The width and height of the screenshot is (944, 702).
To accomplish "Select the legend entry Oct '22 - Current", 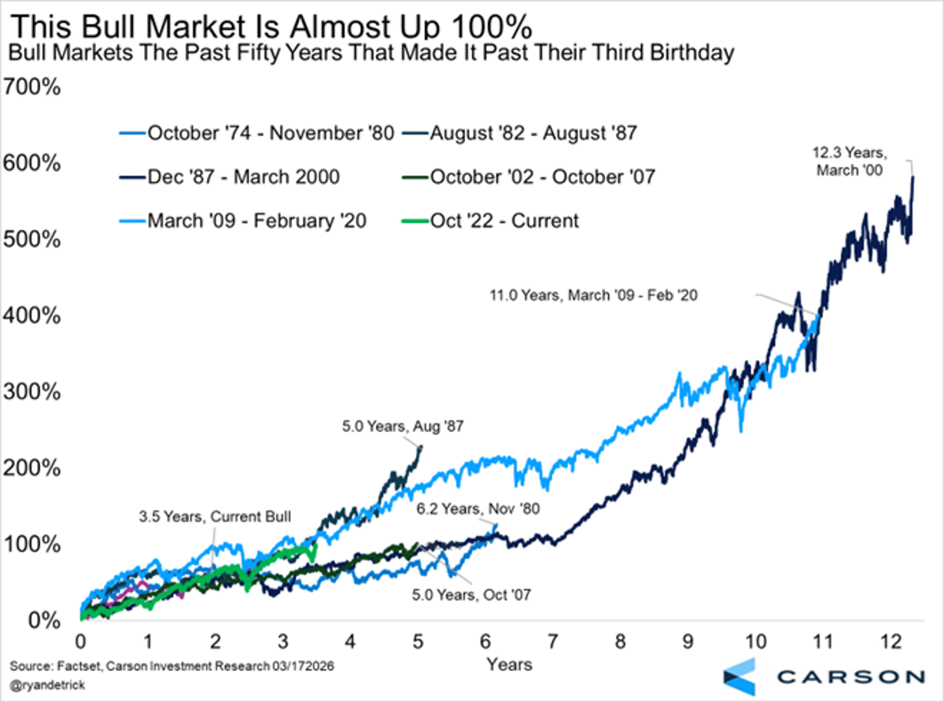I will tap(503, 220).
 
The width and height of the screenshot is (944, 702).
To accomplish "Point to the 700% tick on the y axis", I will tap(32, 87).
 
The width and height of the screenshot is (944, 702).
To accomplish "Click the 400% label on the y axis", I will tap(32, 316).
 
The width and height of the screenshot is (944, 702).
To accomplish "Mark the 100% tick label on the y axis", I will tap(32, 545).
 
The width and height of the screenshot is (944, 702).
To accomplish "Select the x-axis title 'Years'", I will tap(508, 664).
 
